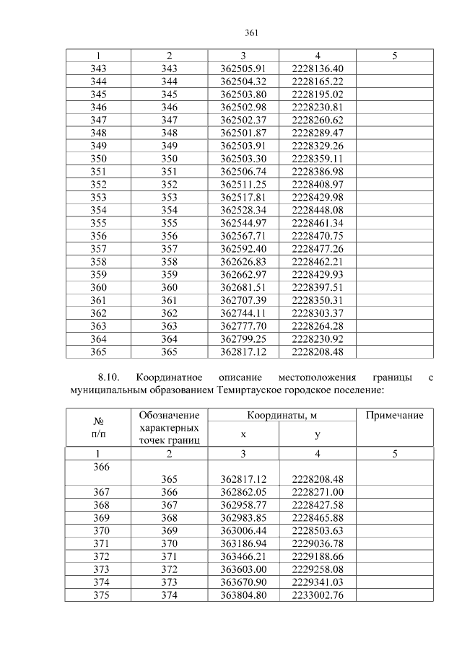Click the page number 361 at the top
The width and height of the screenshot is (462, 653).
(251, 33)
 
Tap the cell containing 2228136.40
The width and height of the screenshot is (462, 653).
(318, 69)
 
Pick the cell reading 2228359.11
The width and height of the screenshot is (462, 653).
(318, 159)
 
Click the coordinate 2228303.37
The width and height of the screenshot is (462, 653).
(318, 313)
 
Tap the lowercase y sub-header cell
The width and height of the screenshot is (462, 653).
(318, 434)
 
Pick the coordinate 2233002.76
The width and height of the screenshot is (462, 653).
(318, 595)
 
